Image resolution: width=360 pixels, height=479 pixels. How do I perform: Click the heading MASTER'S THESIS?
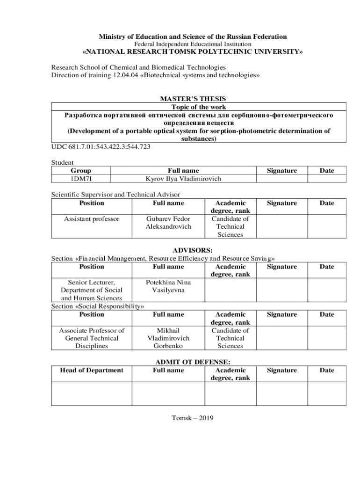click(x=193, y=99)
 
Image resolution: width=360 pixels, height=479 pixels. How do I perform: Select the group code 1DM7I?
click(x=80, y=179)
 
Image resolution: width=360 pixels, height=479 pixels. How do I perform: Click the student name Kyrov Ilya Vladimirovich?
click(x=183, y=179)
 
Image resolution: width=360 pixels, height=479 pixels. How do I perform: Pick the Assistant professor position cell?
click(x=92, y=219)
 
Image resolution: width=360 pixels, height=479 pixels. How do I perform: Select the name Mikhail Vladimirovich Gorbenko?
click(x=168, y=338)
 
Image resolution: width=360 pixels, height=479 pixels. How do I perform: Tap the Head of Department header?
click(x=92, y=370)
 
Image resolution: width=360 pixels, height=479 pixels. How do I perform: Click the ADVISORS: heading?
click(x=193, y=250)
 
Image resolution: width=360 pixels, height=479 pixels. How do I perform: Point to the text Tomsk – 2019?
click(x=193, y=418)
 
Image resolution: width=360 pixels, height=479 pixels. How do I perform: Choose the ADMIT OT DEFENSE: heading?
click(x=193, y=362)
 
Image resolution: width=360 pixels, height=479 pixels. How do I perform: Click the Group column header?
click(x=80, y=171)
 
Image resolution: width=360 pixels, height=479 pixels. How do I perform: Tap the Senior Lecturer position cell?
click(x=92, y=290)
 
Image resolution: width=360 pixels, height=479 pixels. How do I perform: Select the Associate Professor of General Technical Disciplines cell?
click(x=92, y=338)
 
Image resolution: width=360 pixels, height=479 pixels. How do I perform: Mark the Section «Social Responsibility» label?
click(x=97, y=306)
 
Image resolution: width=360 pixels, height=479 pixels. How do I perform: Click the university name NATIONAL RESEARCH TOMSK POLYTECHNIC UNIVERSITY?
click(x=193, y=52)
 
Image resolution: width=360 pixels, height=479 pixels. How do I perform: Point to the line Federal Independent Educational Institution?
click(x=193, y=44)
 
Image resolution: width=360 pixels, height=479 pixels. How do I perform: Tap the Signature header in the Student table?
click(x=281, y=171)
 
